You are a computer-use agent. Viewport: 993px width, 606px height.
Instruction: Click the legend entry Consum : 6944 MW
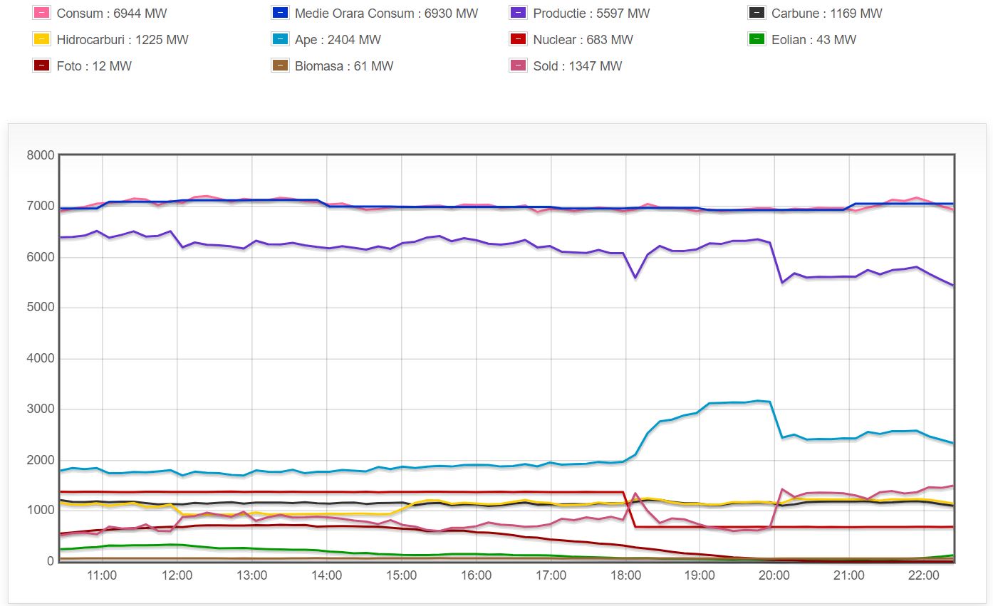click(x=111, y=14)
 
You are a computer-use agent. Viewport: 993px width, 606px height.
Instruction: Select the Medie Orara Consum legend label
click(x=386, y=14)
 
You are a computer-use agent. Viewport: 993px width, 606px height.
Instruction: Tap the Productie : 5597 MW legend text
click(x=591, y=14)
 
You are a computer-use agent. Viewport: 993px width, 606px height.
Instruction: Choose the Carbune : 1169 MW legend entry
click(x=826, y=14)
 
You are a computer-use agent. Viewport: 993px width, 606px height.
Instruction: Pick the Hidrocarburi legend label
click(x=123, y=40)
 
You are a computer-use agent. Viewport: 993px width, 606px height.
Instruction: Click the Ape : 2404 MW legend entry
click(x=338, y=40)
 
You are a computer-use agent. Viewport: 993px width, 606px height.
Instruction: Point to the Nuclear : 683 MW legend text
click(x=583, y=40)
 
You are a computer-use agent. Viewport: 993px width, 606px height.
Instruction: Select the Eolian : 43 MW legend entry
click(x=813, y=40)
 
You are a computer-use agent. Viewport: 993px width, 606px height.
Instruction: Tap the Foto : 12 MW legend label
click(x=94, y=66)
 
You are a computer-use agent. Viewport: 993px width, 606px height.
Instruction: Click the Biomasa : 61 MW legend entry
click(x=344, y=66)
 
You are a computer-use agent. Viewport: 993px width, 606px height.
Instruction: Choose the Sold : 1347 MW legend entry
click(x=577, y=66)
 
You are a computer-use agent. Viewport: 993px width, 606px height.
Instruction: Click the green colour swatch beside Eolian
click(x=757, y=40)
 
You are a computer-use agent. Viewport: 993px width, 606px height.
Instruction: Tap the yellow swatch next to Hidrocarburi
click(x=41, y=40)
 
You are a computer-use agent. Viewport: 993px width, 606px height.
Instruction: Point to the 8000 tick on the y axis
click(x=41, y=155)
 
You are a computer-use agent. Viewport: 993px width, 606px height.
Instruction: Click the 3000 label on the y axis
click(x=41, y=409)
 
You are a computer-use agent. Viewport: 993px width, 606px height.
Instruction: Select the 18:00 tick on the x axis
click(x=625, y=575)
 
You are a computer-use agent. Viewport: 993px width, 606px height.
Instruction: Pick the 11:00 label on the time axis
click(x=103, y=575)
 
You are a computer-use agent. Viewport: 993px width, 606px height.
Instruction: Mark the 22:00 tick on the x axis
click(x=924, y=575)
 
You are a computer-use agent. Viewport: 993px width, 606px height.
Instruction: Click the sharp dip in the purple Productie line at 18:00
click(x=635, y=278)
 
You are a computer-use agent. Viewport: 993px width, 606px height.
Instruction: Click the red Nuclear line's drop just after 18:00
click(x=630, y=509)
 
